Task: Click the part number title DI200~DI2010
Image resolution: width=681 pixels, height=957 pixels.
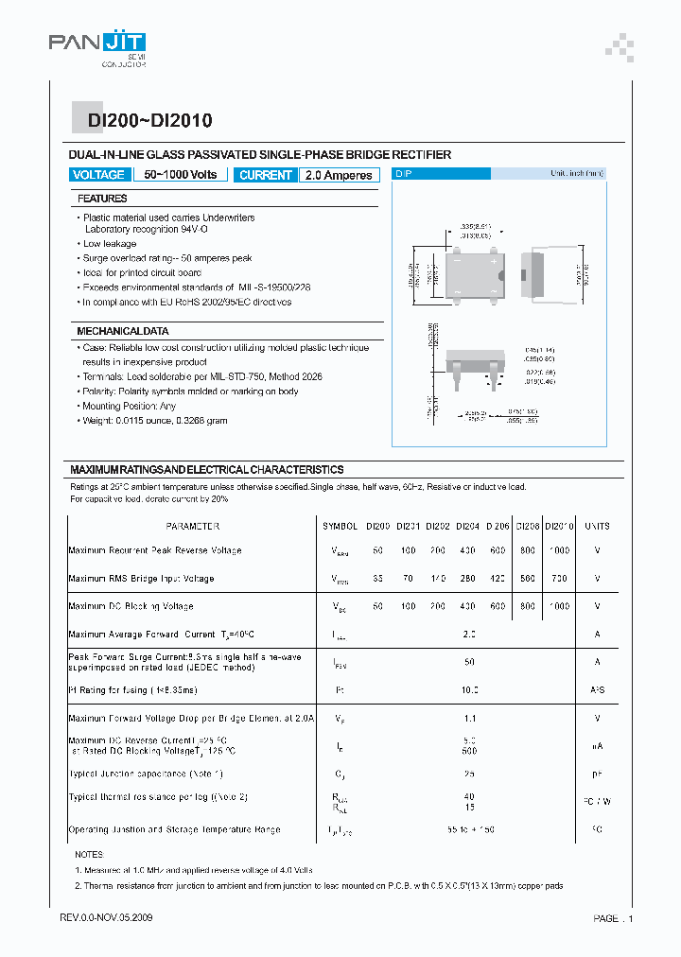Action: coord(149,120)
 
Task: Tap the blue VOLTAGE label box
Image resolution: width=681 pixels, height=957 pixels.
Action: coord(98,175)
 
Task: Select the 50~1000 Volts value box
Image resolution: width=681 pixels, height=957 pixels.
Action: coord(180,175)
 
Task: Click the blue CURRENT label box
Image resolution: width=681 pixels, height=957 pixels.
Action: coord(266,175)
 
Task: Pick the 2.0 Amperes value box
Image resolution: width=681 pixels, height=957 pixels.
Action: coord(339,175)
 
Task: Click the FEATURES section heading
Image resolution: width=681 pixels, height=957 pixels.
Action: coord(102,199)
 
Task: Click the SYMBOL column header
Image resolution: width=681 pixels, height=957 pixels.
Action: coord(340,526)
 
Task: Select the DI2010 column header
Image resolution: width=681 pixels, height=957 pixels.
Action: coord(560,526)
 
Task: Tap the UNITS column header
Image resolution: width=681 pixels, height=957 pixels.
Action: coord(597,526)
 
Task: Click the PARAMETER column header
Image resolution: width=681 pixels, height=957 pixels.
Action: coord(192,526)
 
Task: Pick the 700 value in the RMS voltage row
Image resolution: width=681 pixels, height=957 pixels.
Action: coord(560,578)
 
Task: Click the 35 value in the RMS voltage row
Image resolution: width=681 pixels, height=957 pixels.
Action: coord(378,578)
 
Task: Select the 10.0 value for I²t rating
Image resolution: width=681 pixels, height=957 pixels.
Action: coord(469,690)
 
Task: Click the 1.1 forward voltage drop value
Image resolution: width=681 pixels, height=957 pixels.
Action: coord(469,719)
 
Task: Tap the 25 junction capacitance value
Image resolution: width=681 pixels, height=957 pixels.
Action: coord(469,774)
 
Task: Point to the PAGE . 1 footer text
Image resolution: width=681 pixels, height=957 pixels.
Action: coord(613,918)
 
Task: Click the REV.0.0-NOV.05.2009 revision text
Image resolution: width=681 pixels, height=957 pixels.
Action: coord(106,918)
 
